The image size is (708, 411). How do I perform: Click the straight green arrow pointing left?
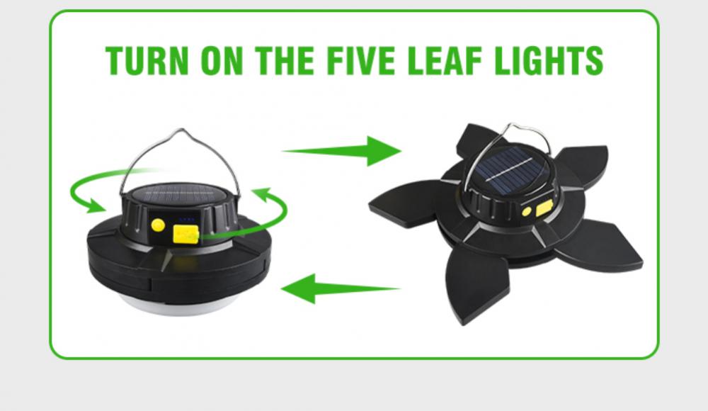pyautogui.click(x=340, y=289)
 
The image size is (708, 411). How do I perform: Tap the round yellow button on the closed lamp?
pyautogui.click(x=159, y=225)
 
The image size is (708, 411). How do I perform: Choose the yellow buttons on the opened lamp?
pyautogui.click(x=536, y=210)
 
